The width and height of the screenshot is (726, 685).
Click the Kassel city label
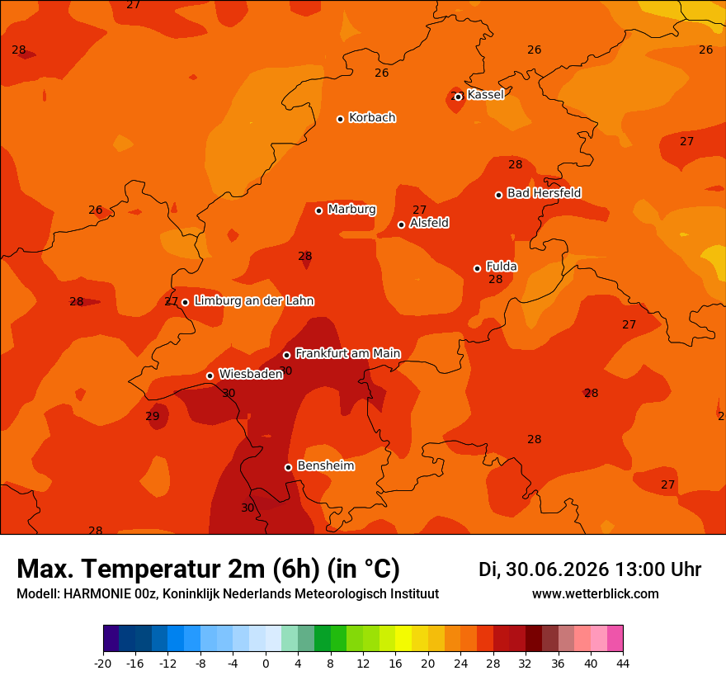coord(485,94)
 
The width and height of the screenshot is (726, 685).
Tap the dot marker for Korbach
coord(340,119)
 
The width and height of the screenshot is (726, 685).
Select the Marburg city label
coord(352,210)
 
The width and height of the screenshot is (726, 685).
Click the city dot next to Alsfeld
coord(402,224)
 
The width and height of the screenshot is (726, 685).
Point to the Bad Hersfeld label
coord(544,192)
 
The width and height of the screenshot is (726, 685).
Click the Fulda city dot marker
coord(478,268)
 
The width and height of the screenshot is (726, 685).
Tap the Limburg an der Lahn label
coord(254,300)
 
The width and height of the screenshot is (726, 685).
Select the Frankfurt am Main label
coord(348,353)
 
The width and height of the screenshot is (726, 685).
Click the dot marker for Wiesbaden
coord(210,376)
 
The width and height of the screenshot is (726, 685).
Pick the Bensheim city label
coord(326,465)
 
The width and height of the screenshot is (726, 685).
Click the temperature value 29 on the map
coord(153,417)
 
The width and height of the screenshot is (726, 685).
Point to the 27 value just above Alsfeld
coord(419,210)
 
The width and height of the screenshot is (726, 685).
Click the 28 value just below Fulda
coord(496,279)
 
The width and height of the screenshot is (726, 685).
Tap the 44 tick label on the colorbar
coord(623,664)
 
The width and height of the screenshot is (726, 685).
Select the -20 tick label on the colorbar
coord(103,664)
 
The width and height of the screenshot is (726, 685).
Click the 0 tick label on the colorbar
coord(266,664)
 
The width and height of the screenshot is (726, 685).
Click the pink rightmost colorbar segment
coord(615,638)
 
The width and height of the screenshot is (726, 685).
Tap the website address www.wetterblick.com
coord(596,593)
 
